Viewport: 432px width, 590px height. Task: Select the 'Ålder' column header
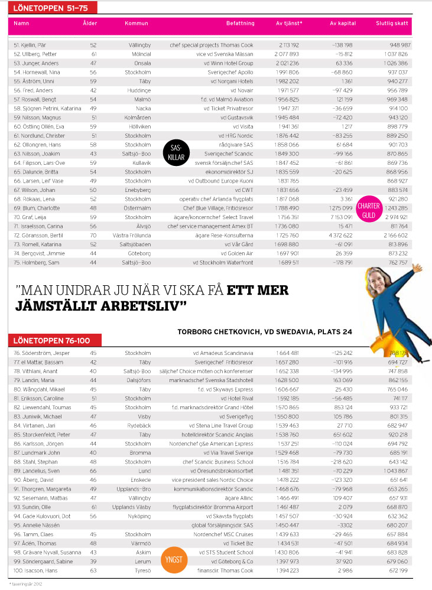point(90,24)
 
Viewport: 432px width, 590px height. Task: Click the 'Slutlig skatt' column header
point(392,24)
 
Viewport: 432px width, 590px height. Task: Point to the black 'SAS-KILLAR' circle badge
point(176,152)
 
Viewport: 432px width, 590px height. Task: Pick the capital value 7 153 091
point(342,217)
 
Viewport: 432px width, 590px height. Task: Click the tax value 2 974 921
point(395,217)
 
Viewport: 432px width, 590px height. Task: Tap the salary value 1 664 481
point(288,353)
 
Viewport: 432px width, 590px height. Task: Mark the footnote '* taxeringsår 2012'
point(26,584)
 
